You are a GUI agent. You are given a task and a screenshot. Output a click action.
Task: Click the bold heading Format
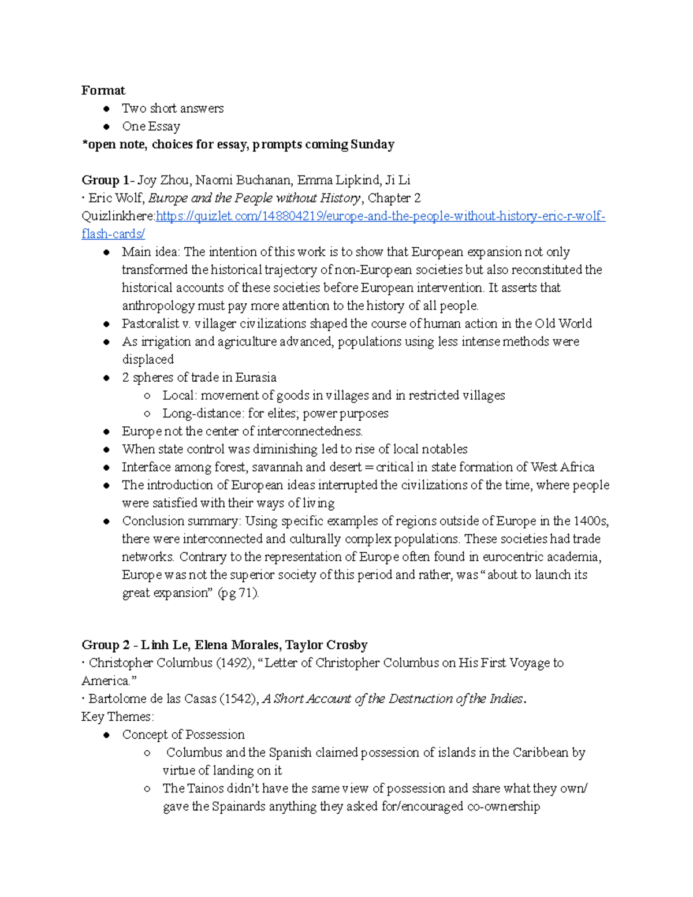click(103, 91)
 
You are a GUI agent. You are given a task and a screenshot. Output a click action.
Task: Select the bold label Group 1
click(105, 180)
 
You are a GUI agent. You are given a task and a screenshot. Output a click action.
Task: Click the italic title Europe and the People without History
click(254, 198)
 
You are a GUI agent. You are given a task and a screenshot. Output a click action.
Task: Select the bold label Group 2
click(105, 645)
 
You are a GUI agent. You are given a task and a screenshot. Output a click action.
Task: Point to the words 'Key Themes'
click(117, 717)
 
